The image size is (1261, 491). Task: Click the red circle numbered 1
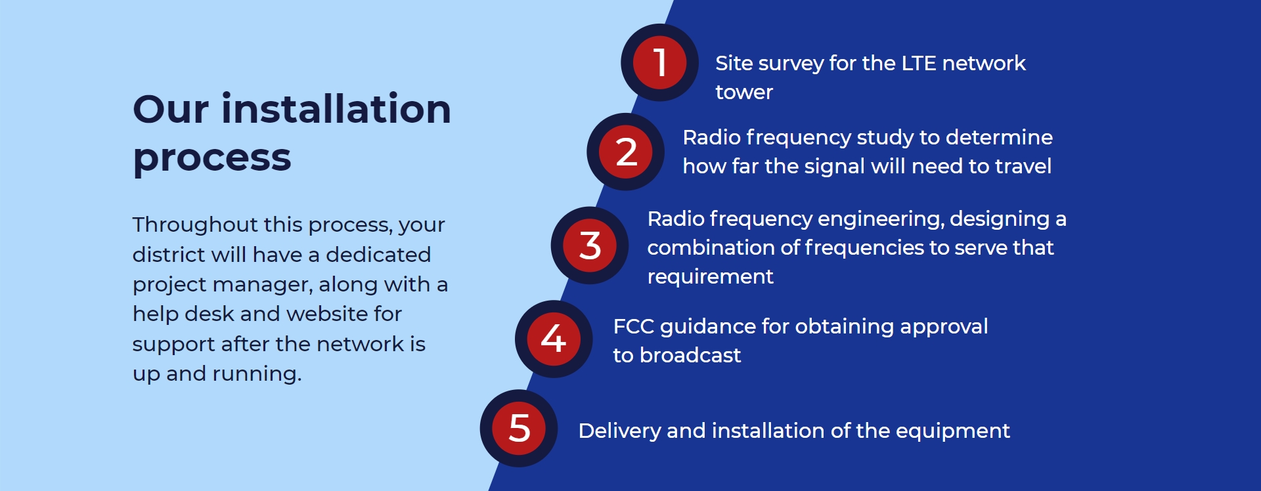(659, 62)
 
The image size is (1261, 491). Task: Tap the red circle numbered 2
(625, 152)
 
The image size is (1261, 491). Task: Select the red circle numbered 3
(590, 245)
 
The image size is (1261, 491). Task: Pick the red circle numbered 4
(554, 339)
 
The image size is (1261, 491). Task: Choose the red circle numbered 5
(519, 429)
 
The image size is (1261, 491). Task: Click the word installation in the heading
(336, 108)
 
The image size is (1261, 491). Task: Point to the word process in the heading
(211, 158)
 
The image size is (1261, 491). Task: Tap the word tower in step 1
(744, 92)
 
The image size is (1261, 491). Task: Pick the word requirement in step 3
(710, 277)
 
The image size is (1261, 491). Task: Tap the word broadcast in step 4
(690, 355)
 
